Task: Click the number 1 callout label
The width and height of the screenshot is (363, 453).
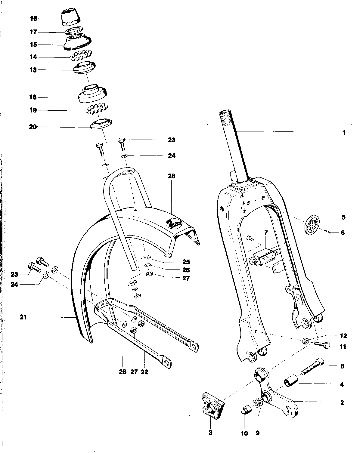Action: (x=344, y=132)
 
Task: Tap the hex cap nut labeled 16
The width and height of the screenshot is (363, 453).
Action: (x=71, y=18)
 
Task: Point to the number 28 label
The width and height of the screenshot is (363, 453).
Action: (x=172, y=176)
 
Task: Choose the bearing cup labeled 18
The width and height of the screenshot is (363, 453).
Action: (x=93, y=93)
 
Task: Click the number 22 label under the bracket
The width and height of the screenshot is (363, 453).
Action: (x=144, y=372)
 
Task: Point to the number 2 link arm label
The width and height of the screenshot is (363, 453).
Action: (x=342, y=403)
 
